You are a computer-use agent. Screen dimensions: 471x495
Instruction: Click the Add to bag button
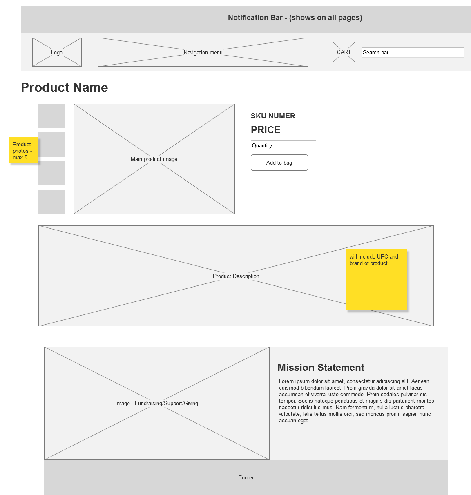pyautogui.click(x=279, y=163)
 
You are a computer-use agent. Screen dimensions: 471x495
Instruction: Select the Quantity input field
pyautogui.click(x=283, y=145)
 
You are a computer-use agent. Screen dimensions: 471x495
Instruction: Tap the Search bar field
pyautogui.click(x=413, y=52)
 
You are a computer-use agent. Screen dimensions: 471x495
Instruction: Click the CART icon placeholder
pyautogui.click(x=344, y=52)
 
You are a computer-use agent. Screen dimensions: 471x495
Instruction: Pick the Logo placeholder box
pyautogui.click(x=57, y=52)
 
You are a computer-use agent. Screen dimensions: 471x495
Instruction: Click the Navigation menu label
pyautogui.click(x=203, y=52)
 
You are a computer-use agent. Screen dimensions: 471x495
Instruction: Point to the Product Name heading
pyautogui.click(x=65, y=88)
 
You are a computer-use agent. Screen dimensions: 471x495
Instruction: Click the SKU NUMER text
pyautogui.click(x=273, y=116)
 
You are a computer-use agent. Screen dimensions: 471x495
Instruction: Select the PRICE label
pyautogui.click(x=266, y=130)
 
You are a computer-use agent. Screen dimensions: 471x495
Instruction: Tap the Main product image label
pyautogui.click(x=154, y=159)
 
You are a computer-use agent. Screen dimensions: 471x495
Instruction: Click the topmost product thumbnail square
pyautogui.click(x=51, y=116)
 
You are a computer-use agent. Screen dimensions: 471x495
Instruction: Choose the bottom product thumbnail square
pyautogui.click(x=51, y=202)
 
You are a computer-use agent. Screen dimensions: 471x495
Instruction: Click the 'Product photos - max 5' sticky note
pyautogui.click(x=23, y=150)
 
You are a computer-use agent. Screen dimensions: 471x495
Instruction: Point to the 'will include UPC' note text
pyautogui.click(x=374, y=260)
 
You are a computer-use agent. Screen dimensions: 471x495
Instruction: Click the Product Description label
pyautogui.click(x=236, y=276)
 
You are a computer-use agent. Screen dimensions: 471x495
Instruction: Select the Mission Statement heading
pyautogui.click(x=321, y=368)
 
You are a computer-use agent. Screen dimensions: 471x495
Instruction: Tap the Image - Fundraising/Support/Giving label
pyautogui.click(x=157, y=404)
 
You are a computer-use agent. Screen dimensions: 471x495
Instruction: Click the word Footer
pyautogui.click(x=246, y=477)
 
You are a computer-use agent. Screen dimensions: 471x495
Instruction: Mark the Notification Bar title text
pyautogui.click(x=295, y=18)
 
